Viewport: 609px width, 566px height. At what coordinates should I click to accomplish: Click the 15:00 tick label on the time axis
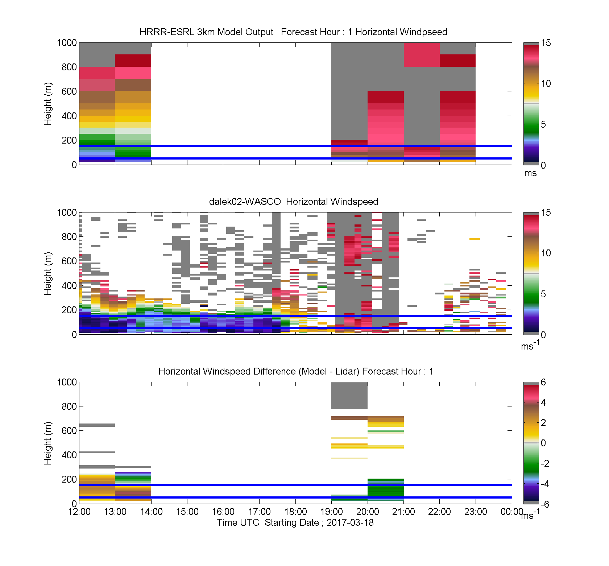(x=187, y=512)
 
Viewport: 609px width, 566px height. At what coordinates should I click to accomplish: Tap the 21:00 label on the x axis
(x=403, y=512)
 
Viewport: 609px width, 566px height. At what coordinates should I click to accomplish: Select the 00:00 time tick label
(x=511, y=512)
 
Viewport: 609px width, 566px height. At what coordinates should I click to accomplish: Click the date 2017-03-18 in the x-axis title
(x=350, y=522)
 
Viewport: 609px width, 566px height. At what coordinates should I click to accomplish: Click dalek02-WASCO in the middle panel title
(x=245, y=202)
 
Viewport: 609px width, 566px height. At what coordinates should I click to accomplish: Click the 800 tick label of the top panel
(x=69, y=67)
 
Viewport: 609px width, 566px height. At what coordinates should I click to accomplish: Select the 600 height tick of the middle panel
(x=69, y=261)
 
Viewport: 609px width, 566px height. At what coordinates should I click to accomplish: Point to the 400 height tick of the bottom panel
(x=69, y=455)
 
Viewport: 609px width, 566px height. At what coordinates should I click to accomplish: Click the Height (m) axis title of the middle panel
(x=47, y=273)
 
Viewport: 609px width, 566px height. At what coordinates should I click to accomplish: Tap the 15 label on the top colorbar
(x=546, y=43)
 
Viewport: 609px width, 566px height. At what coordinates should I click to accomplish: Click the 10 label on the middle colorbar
(x=546, y=253)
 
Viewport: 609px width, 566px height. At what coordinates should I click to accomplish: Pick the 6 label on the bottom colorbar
(x=543, y=382)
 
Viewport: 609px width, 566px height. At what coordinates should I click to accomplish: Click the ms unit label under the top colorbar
(x=530, y=173)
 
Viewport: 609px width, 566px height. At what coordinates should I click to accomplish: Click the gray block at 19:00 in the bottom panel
(x=349, y=395)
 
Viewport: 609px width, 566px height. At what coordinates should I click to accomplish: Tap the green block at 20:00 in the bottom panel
(x=386, y=489)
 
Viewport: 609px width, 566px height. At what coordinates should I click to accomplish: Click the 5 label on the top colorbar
(x=543, y=124)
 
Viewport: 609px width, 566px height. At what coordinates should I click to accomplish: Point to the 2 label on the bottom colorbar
(x=543, y=423)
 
